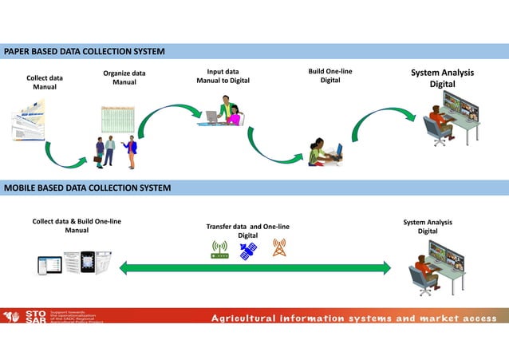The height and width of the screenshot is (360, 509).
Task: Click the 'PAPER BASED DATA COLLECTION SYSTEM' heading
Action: point(85,52)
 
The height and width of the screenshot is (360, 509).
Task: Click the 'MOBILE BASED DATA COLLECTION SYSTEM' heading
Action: point(87,188)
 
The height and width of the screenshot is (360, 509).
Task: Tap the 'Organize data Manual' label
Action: point(124,77)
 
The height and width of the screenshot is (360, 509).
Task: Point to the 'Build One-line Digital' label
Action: point(329,76)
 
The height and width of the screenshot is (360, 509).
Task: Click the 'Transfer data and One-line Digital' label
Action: point(247,231)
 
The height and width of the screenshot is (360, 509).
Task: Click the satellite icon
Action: point(249,250)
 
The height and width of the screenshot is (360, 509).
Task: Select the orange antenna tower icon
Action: point(278,247)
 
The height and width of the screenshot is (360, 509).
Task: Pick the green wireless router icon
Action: point(219,250)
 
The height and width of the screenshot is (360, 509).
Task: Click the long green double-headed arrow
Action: point(254,268)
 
